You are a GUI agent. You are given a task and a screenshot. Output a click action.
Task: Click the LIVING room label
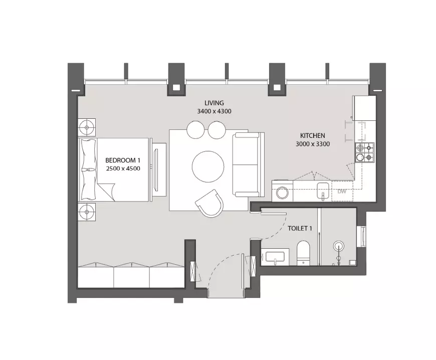[x=214, y=103]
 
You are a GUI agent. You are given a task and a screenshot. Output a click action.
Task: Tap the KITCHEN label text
[x=313, y=135]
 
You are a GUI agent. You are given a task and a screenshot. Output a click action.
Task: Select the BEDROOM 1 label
[x=123, y=160]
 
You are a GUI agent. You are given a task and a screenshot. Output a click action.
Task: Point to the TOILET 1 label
[x=300, y=229]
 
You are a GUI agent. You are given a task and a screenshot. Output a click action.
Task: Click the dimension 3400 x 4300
[x=214, y=111]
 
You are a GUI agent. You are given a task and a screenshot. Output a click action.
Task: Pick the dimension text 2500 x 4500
[x=123, y=168]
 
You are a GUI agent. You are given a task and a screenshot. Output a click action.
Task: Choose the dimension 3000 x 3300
[x=313, y=144]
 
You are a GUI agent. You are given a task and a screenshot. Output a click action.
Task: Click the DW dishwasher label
[x=342, y=192]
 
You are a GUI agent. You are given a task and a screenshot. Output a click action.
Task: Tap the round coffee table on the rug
[x=208, y=166]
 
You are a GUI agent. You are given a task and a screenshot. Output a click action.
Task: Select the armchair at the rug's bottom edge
[x=210, y=203]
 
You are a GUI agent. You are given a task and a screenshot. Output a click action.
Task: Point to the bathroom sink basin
[x=275, y=257]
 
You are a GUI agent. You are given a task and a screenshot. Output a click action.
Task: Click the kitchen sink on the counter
[x=323, y=191]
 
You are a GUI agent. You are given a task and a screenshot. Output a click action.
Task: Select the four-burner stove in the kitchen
[x=364, y=152]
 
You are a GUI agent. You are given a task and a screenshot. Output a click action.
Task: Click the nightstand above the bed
[x=87, y=127]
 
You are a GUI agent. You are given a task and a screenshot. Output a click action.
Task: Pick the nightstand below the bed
[x=87, y=212]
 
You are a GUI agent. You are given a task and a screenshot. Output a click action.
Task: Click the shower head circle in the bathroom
[x=339, y=246]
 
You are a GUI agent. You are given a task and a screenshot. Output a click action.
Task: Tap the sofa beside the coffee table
[x=248, y=164]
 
